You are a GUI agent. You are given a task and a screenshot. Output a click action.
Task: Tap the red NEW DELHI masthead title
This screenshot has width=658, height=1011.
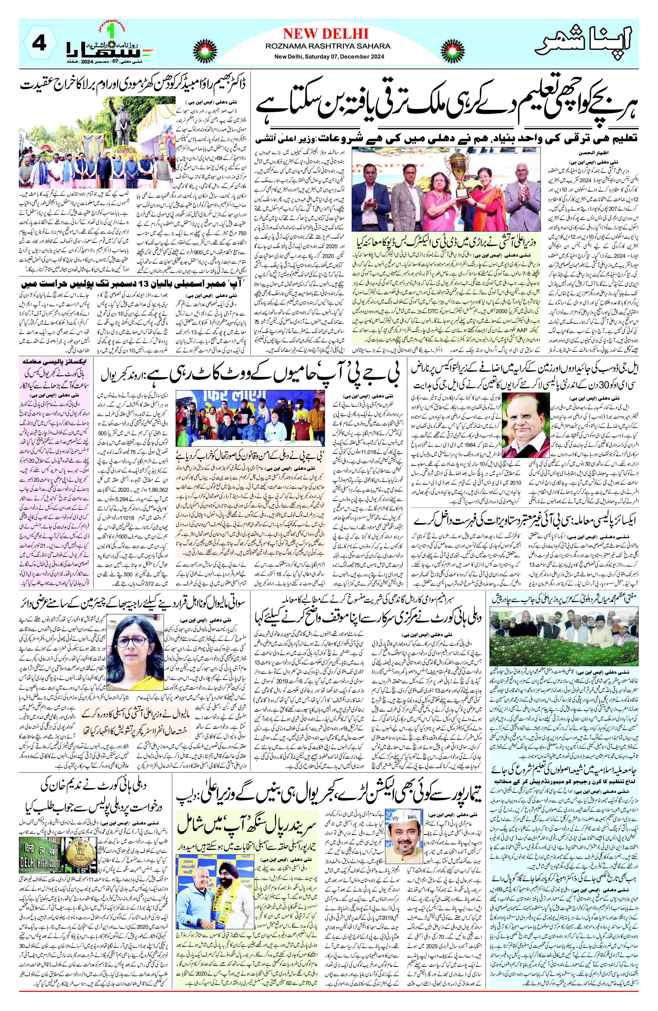click(x=325, y=34)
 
